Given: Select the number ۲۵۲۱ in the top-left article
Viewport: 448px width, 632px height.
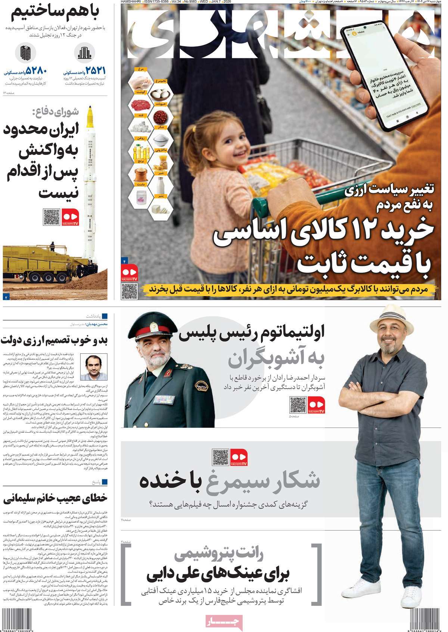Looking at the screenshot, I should (95, 70).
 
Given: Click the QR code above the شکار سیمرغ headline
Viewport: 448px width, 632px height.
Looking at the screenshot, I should (220, 457).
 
